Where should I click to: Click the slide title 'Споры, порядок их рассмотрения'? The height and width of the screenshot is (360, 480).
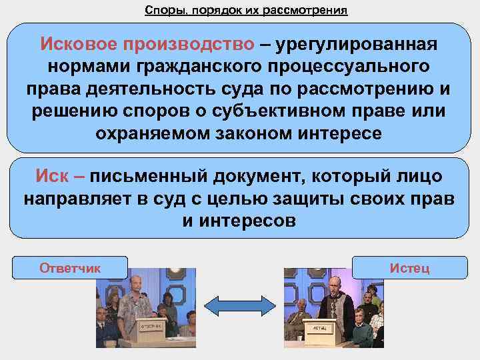coord(246,11)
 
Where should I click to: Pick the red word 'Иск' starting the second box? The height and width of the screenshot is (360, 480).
coord(52,177)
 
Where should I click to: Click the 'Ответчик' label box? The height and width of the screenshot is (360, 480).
coord(70,268)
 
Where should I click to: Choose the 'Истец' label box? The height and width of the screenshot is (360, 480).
coord(409,268)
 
